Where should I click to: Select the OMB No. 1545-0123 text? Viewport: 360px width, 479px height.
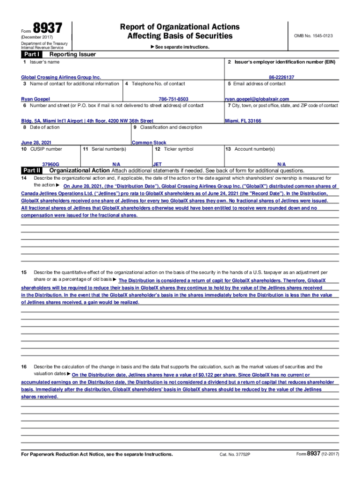(313, 36)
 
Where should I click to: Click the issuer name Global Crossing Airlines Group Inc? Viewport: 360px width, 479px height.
(61, 77)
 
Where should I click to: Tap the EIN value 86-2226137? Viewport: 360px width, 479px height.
(281, 77)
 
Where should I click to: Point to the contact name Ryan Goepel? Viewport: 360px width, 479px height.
(36, 99)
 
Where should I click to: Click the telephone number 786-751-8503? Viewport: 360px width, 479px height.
(173, 99)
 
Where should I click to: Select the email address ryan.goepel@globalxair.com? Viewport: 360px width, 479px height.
(257, 99)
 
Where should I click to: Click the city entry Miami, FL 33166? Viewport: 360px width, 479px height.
(243, 121)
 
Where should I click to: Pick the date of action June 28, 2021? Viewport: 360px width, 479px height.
(36, 143)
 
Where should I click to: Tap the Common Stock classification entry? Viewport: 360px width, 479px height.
(149, 143)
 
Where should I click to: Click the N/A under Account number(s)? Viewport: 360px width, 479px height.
(281, 165)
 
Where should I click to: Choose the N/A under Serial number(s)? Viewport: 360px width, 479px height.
(117, 165)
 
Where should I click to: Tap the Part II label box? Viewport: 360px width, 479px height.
(32, 170)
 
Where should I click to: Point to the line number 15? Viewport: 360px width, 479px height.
(24, 272)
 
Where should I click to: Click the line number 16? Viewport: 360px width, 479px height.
(24, 367)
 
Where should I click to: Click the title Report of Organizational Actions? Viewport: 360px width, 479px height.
(180, 27)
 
